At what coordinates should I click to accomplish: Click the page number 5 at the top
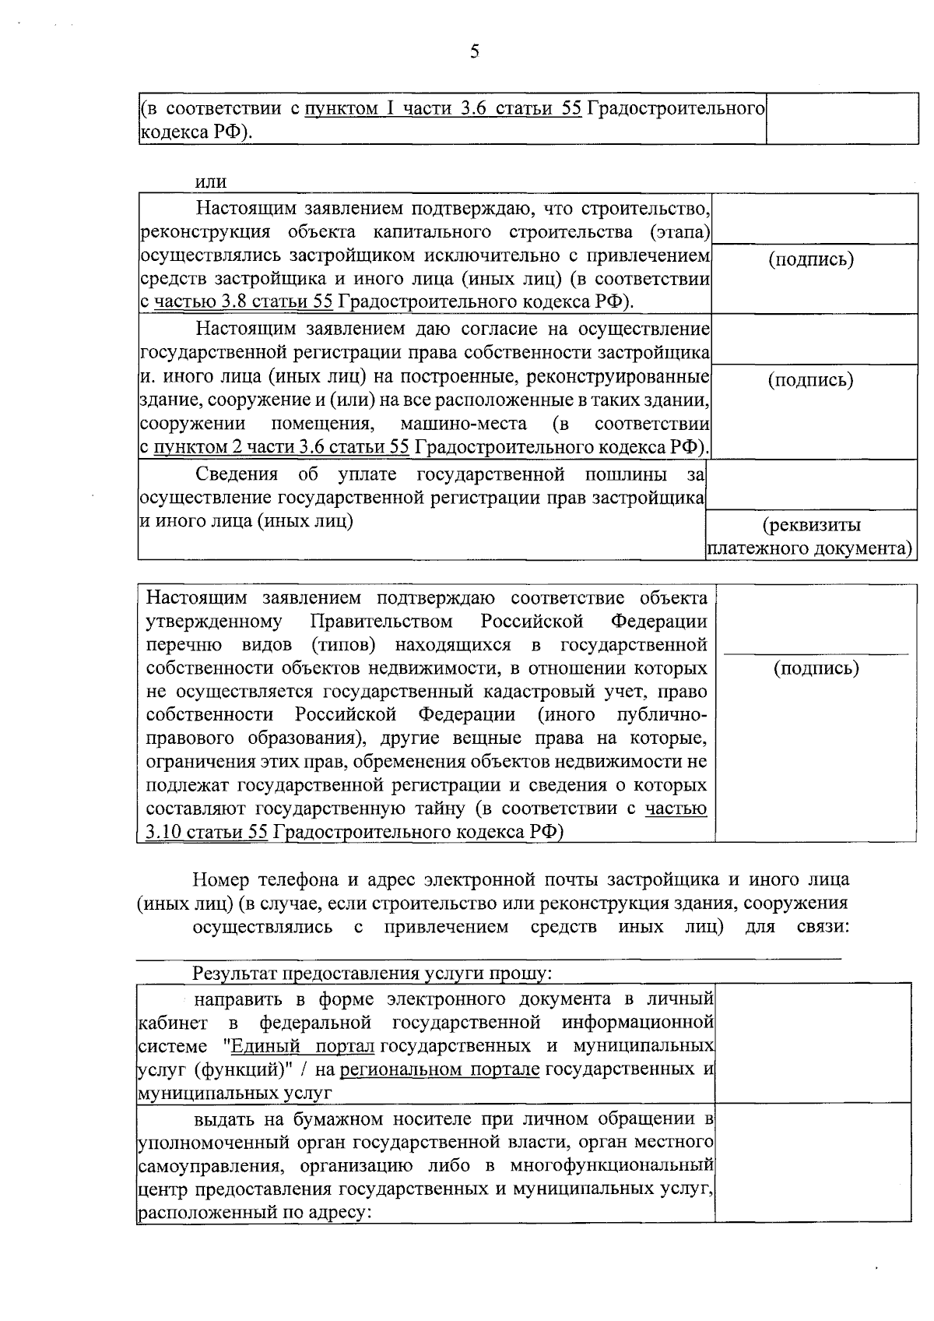coord(475,52)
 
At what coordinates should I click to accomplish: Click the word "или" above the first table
coord(210,182)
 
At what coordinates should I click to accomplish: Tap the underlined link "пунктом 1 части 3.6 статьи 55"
coord(442,108)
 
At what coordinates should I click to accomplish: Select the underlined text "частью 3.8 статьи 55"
coord(244,301)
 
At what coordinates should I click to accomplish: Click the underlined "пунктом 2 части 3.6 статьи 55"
coord(281,447)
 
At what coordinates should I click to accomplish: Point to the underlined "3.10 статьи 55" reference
coord(206,832)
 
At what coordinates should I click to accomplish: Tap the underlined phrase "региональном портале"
coord(440,1069)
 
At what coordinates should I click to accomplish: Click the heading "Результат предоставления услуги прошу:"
coord(372,974)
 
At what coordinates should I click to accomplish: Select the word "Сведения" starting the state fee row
coord(237,474)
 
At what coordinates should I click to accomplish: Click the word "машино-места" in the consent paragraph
coord(463,424)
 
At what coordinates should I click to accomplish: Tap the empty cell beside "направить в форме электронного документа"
coord(813,1042)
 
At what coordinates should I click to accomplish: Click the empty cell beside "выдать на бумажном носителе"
coord(813,1162)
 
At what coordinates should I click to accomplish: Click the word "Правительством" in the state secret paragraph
coord(381,622)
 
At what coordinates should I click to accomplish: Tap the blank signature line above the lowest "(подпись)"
coord(816,651)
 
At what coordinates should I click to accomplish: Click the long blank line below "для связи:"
coord(489,957)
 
